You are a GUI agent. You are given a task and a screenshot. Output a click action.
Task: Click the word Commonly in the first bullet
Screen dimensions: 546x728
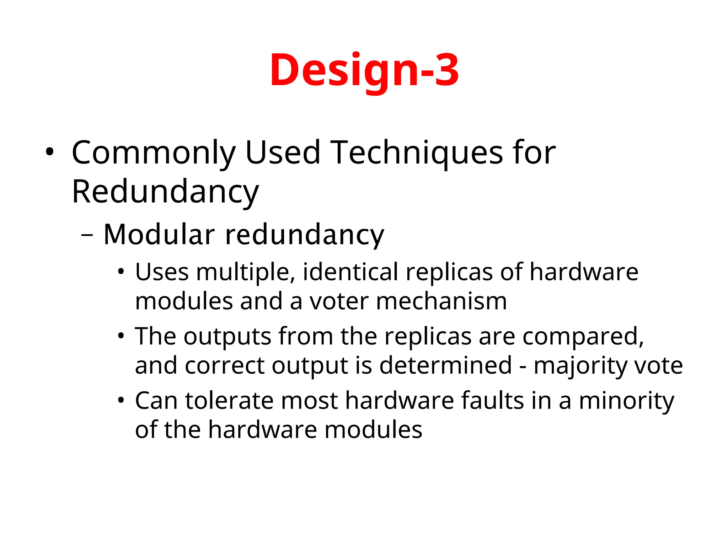153,153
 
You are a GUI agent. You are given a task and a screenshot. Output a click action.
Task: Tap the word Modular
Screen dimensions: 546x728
159,235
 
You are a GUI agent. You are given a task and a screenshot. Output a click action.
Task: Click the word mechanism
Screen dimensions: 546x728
441,301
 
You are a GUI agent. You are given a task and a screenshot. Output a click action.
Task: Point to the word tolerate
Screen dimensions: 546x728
229,401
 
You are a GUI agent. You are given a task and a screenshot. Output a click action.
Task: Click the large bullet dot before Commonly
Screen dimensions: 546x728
49,152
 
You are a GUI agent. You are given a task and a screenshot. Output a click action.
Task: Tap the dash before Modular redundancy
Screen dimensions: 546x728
87,235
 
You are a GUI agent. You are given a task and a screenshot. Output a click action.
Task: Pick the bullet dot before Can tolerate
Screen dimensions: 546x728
121,400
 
